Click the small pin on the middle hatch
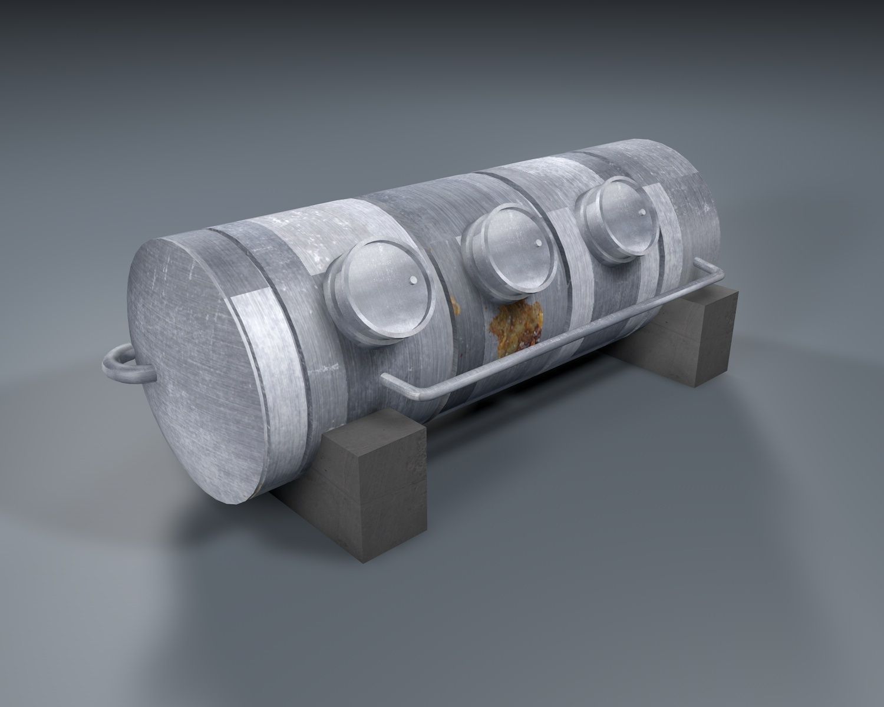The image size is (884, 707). tap(537, 242)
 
